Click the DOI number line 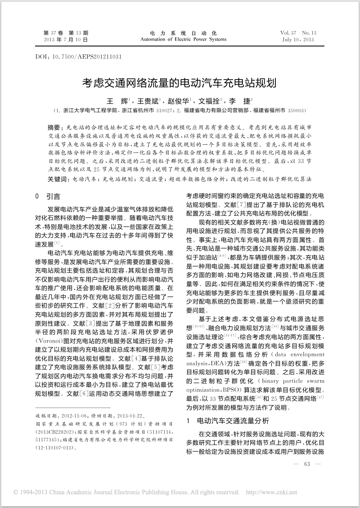tap(78, 57)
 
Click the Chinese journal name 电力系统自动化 tap(183, 33)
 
